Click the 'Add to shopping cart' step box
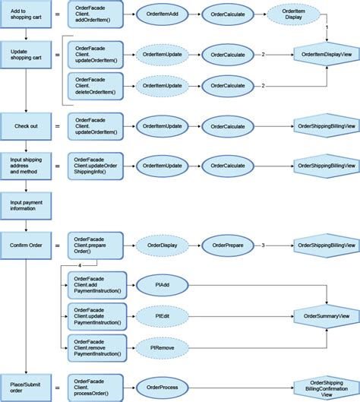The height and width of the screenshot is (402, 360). point(25,14)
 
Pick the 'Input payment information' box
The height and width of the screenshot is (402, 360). point(25,207)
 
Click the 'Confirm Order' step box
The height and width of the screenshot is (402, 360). point(25,245)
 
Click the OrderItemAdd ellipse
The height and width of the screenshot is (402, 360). point(161,14)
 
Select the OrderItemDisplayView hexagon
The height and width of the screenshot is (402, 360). point(326,54)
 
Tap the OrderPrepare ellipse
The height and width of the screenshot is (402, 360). point(227,245)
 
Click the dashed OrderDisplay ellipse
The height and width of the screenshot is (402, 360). point(161,245)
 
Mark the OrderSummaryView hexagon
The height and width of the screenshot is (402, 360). point(326,315)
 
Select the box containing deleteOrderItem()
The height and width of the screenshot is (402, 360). point(95,86)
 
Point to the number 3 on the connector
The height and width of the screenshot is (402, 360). point(262,245)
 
